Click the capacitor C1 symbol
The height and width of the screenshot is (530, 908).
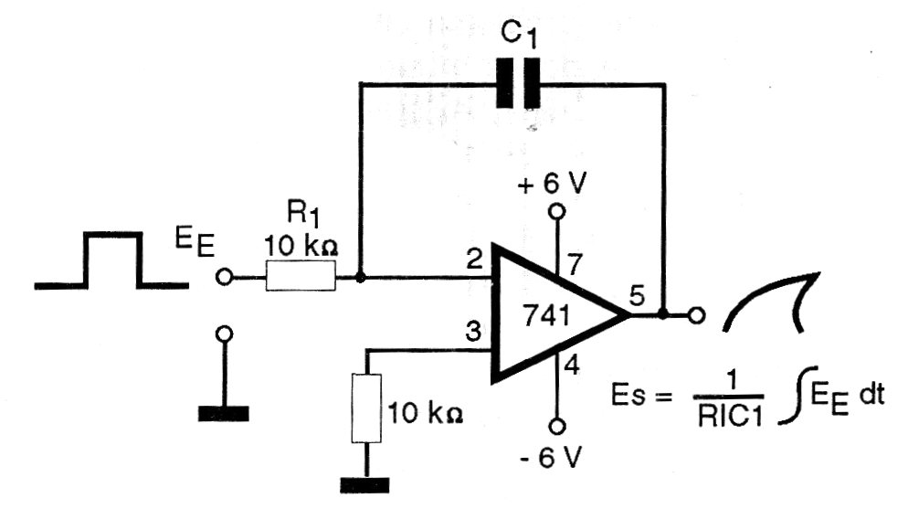(x=518, y=83)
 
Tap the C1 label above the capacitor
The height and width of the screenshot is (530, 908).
(x=519, y=35)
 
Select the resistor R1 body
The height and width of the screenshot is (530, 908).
(x=301, y=276)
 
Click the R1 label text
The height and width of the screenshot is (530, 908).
(x=303, y=216)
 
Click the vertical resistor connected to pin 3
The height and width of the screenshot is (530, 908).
(x=366, y=408)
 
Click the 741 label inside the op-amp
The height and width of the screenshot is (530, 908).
(x=546, y=315)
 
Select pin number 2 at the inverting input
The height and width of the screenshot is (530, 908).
(x=474, y=260)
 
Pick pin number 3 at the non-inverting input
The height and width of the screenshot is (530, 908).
(x=473, y=332)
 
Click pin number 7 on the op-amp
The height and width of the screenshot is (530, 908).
(x=574, y=265)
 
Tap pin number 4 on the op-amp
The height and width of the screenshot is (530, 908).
(x=572, y=366)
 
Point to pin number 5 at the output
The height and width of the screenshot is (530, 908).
(x=637, y=297)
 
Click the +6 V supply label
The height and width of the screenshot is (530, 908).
(x=553, y=185)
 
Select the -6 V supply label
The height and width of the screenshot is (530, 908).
(x=551, y=458)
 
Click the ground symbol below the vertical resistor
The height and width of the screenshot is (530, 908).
(x=364, y=484)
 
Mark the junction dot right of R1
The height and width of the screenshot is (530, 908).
(x=360, y=278)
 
